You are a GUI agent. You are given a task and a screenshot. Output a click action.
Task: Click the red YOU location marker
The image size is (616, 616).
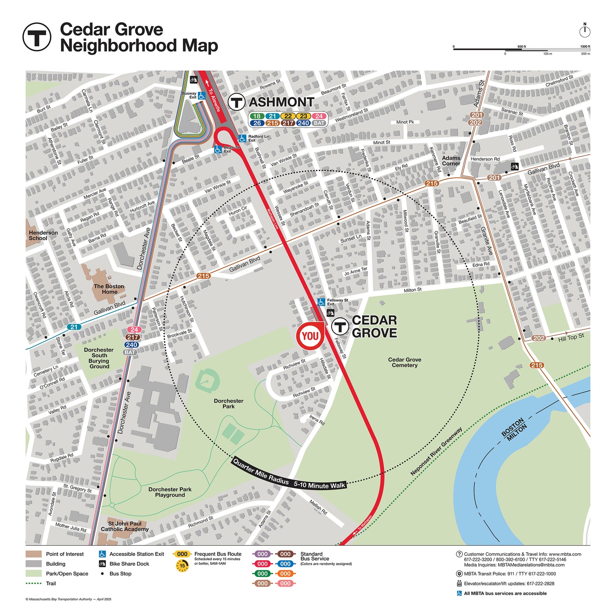(310, 336)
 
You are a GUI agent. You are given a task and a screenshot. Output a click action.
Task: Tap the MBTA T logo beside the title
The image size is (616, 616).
(37, 37)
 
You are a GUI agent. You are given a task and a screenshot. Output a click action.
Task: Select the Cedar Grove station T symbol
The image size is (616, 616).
(340, 327)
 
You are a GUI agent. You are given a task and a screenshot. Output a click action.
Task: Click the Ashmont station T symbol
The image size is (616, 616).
(236, 102)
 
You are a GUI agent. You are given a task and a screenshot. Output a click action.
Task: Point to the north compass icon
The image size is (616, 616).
(585, 31)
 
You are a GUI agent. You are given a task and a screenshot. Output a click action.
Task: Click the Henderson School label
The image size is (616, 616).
(43, 235)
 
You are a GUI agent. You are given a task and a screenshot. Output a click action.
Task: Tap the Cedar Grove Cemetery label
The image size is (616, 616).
(405, 362)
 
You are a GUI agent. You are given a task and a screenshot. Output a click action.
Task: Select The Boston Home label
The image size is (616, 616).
(109, 289)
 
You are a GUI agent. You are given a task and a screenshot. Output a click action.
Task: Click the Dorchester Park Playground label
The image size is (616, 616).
(170, 492)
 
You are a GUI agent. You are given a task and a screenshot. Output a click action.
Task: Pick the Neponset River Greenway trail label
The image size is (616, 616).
(436, 451)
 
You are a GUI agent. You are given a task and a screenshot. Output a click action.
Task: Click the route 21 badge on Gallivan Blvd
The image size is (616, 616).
(74, 327)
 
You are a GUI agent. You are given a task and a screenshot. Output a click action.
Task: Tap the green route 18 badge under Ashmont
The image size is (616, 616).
(257, 116)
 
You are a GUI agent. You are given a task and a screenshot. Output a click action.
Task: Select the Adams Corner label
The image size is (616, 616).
(451, 161)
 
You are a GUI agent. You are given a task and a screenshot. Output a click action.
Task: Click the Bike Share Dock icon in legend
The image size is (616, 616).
(102, 564)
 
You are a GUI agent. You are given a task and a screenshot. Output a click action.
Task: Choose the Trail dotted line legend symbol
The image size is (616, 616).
(34, 583)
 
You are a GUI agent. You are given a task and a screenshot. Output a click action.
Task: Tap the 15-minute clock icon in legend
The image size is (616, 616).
(182, 566)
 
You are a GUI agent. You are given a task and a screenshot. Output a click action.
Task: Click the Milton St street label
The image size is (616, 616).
(412, 290)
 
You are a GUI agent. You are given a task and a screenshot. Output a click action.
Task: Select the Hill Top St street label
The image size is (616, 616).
(571, 337)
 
